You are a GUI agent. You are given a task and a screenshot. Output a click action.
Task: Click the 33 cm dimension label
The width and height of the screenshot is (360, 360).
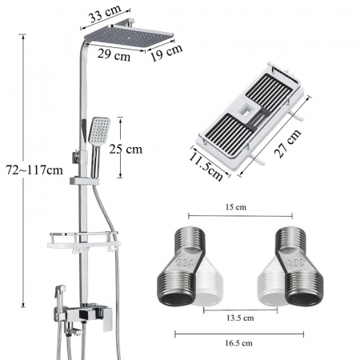tap(105, 14)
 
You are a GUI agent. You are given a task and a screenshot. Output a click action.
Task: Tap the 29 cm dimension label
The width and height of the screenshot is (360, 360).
tap(114, 55)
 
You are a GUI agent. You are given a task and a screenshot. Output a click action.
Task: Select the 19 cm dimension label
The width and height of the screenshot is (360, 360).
tap(166, 52)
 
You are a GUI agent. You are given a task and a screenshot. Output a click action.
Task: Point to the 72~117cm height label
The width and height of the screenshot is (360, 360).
tap(34, 170)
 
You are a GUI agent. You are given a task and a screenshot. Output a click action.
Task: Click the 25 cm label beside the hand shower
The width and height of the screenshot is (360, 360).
tap(126, 149)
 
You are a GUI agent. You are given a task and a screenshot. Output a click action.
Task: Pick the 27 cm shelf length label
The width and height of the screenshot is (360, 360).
tap(288, 143)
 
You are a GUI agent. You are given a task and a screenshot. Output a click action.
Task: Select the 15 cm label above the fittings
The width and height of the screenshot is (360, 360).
tap(236, 207)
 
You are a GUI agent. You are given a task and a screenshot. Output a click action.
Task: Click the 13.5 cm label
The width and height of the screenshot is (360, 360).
tap(240, 318)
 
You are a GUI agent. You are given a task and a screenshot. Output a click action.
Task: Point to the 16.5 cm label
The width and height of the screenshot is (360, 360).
tap(238, 343)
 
